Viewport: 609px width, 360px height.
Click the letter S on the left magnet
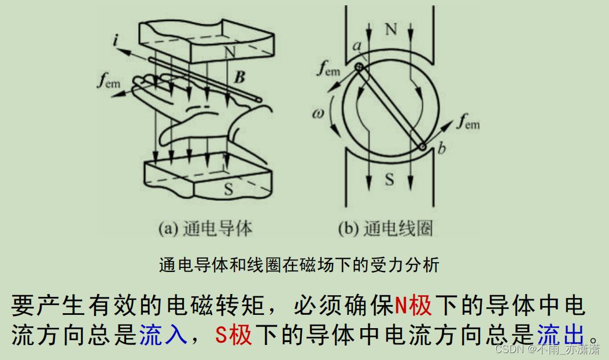pyautogui.click(x=230, y=188)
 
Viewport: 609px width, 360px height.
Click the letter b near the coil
pyautogui.click(x=442, y=149)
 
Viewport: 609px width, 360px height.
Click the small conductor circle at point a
pyautogui.click(x=360, y=68)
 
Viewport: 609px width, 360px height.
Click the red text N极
pyautogui.click(x=414, y=304)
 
